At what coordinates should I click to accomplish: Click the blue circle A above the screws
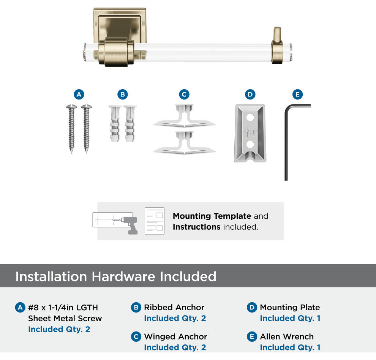(79, 95)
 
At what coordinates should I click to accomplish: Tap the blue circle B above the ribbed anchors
(123, 95)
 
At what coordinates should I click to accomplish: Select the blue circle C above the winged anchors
(184, 95)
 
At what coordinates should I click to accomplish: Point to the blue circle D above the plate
(250, 95)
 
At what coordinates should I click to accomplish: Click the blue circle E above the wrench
(298, 95)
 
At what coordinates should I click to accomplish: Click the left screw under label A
(71, 128)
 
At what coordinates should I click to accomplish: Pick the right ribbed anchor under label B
(130, 123)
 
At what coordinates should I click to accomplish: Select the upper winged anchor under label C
(184, 116)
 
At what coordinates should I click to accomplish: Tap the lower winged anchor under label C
(184, 143)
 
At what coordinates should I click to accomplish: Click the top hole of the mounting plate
(250, 117)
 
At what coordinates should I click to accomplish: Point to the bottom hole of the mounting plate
(250, 144)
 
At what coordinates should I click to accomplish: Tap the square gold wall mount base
(120, 26)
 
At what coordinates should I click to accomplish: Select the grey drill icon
(130, 225)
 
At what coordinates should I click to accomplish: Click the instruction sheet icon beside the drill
(155, 221)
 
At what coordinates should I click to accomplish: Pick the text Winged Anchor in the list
(175, 337)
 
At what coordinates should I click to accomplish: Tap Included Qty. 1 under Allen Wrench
(290, 347)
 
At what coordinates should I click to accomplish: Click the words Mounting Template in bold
(212, 216)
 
